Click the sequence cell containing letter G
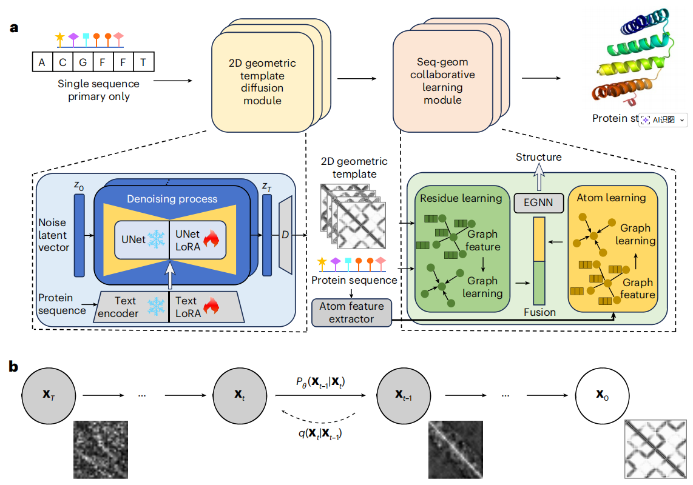point(83,62)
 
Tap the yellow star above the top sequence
point(59,37)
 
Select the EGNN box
point(538,202)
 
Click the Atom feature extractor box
point(351,312)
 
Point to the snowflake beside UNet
point(157,239)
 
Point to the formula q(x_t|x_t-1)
point(319,433)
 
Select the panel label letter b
point(13,366)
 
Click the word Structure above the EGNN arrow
point(538,158)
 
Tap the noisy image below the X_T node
point(101,449)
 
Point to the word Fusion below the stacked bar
point(539,312)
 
